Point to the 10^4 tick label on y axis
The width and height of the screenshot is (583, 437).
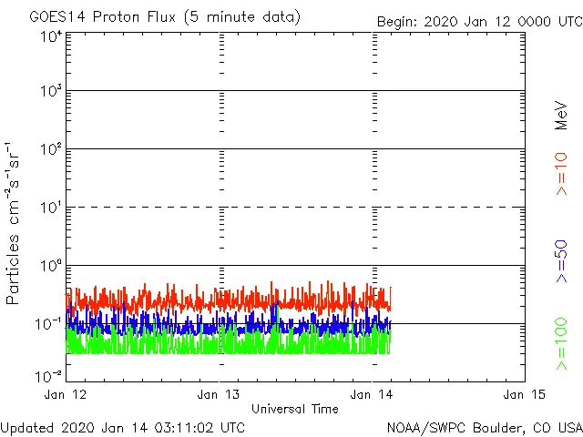tap(50, 37)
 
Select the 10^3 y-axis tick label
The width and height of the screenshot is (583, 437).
tap(50, 92)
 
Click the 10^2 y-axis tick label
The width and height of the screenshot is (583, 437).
tap(50, 150)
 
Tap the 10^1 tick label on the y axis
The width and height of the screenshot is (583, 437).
tap(50, 208)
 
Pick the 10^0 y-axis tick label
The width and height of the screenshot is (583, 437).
tap(50, 266)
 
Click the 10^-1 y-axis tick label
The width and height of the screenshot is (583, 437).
tap(49, 324)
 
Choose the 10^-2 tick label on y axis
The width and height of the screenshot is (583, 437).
tap(49, 375)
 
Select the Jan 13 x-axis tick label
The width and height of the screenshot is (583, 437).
tap(220, 394)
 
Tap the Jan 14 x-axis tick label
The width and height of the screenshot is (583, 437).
tap(373, 394)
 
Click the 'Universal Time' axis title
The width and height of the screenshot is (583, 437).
tap(294, 409)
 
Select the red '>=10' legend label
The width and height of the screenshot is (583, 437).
tap(561, 173)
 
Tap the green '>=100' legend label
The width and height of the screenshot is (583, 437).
tap(561, 343)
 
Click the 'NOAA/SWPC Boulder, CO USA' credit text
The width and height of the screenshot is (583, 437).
tap(484, 427)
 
